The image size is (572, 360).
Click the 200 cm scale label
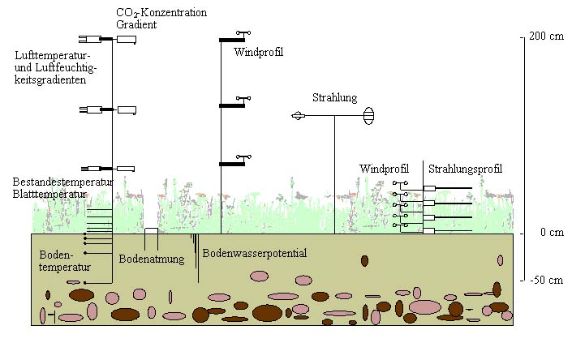545,38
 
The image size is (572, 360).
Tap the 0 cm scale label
540,234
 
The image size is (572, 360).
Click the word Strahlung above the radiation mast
334,98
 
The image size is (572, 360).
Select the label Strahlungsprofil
465,169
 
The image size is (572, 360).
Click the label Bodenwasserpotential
255,254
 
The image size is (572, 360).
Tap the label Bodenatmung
152,259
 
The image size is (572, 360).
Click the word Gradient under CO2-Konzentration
135,25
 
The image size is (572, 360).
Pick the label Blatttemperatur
49,195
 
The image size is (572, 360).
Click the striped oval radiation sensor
369,116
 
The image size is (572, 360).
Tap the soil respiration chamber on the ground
151,232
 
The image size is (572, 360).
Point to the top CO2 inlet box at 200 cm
126,39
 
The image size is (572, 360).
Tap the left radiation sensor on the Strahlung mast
299,117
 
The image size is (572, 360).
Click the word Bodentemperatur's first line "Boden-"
57,255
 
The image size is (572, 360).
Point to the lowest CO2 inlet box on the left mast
125,169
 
